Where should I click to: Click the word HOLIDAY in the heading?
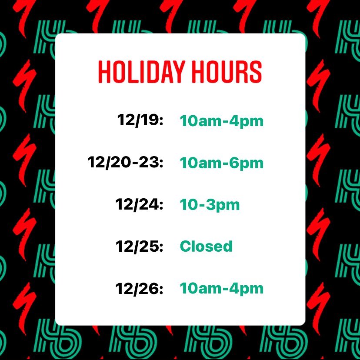(x=141, y=72)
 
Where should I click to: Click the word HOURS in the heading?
(x=227, y=72)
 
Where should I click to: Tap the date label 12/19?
(x=140, y=120)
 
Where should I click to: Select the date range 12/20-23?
(x=125, y=162)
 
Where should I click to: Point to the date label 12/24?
(x=139, y=204)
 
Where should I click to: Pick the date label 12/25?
(x=139, y=246)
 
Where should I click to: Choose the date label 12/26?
(x=139, y=288)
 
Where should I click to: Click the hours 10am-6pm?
(x=221, y=163)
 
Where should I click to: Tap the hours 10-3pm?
(x=210, y=205)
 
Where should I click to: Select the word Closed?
(x=206, y=246)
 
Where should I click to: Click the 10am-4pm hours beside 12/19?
(x=221, y=121)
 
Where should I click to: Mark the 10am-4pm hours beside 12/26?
(x=221, y=289)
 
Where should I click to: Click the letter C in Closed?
(x=186, y=246)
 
